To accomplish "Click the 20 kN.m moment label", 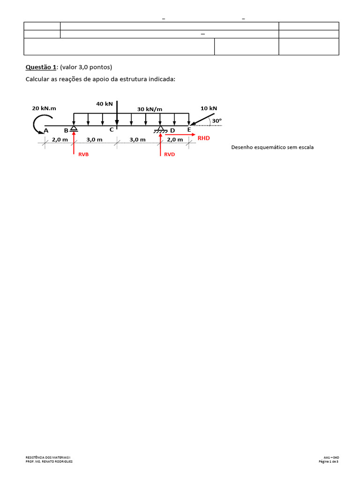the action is (44, 108).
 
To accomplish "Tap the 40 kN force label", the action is (104, 104).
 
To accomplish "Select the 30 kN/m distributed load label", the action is (150, 109).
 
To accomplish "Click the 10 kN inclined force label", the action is (209, 108).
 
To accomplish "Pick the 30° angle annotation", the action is (216, 120).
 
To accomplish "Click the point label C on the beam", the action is (112, 130).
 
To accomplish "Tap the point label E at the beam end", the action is (189, 130).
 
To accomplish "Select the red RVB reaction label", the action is (83, 154).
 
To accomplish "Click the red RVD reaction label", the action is (169, 154).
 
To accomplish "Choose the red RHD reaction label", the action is (204, 138).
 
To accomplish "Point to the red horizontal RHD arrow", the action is (180, 135).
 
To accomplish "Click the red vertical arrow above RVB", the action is (74, 143).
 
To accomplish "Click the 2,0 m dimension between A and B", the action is (60, 140).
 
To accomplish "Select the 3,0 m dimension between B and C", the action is (94, 140).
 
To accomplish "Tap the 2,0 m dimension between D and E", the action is (175, 140).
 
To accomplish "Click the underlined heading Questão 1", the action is (43, 67).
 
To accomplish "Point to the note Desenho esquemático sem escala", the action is (272, 147).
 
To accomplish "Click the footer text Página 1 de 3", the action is (329, 461).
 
